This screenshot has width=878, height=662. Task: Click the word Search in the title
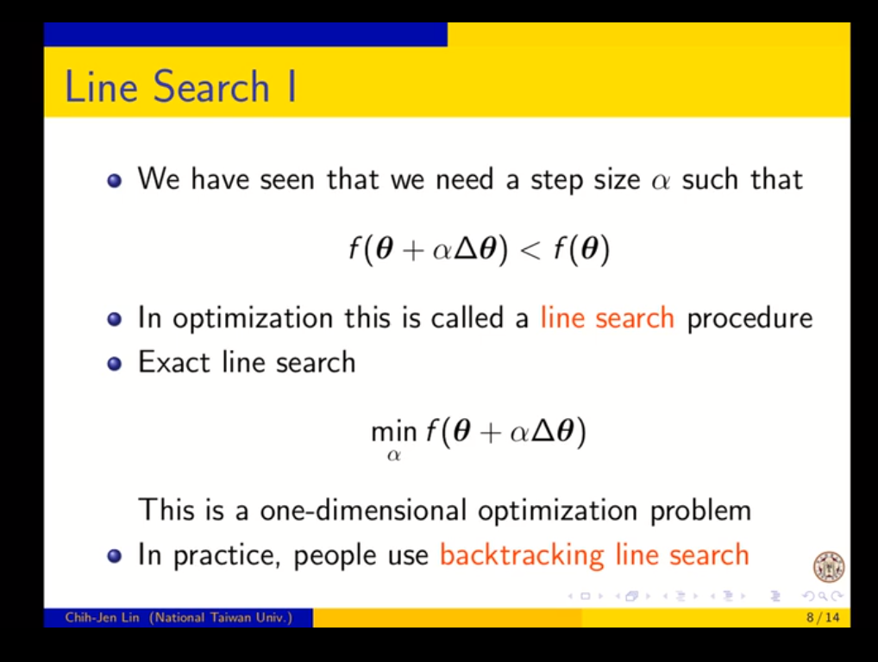[211, 87]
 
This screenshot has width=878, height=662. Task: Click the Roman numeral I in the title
[292, 87]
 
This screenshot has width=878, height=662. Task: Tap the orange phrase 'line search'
[607, 318]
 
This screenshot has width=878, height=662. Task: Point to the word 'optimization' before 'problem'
[557, 511]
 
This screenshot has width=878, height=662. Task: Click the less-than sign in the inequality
[530, 250]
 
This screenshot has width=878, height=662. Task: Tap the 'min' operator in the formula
[394, 432]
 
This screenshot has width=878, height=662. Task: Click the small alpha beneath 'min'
[393, 455]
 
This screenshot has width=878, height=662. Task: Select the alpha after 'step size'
[661, 181]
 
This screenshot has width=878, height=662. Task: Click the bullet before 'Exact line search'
[114, 364]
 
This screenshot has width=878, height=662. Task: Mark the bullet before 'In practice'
[114, 556]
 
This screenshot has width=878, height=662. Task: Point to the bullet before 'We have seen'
[114, 181]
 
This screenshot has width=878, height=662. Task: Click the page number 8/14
[823, 617]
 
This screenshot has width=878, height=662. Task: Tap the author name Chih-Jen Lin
[102, 617]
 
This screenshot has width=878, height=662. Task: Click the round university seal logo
[829, 567]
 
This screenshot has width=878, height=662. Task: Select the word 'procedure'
[749, 319]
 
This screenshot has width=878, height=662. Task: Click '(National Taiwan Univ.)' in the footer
[221, 617]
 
